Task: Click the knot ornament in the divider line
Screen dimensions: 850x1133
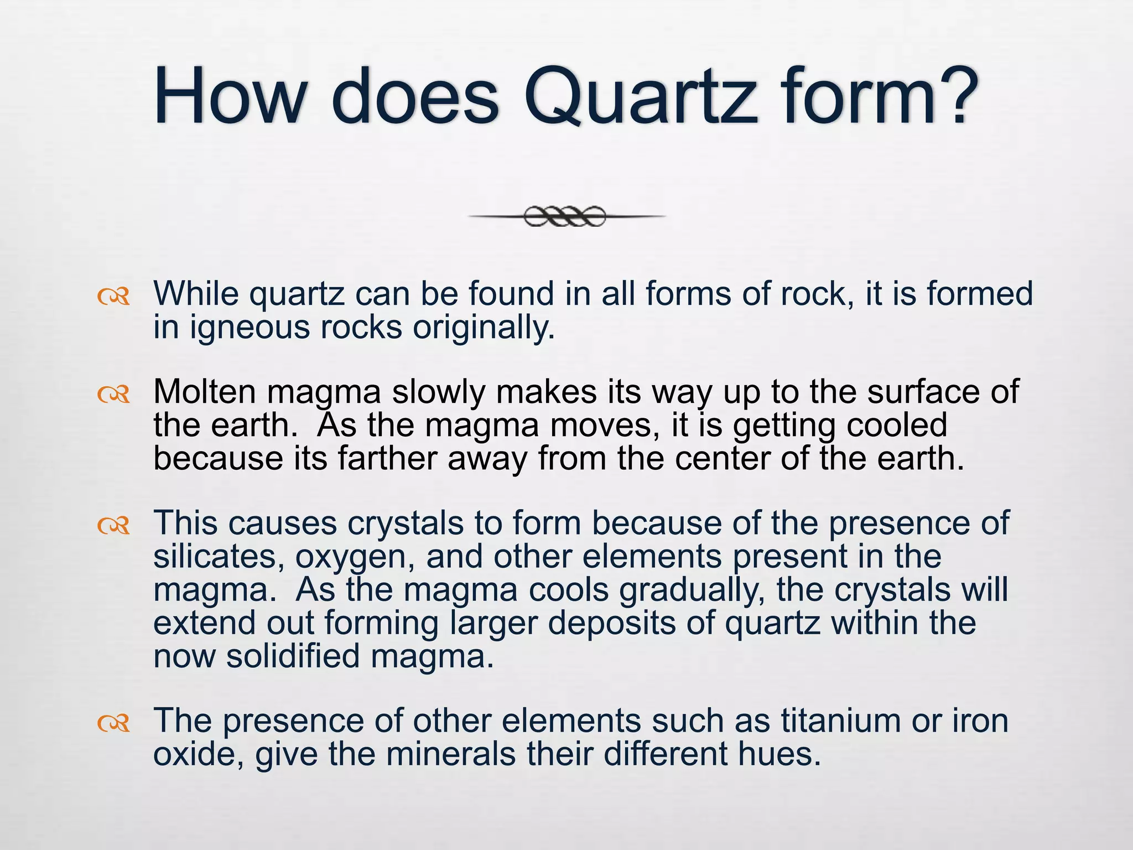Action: [x=565, y=216]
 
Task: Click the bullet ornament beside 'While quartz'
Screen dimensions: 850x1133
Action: [x=113, y=297]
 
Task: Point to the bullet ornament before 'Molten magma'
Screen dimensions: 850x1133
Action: [x=113, y=395]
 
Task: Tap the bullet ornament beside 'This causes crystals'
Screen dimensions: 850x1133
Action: [x=113, y=526]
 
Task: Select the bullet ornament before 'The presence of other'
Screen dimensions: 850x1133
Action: [x=113, y=723]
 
